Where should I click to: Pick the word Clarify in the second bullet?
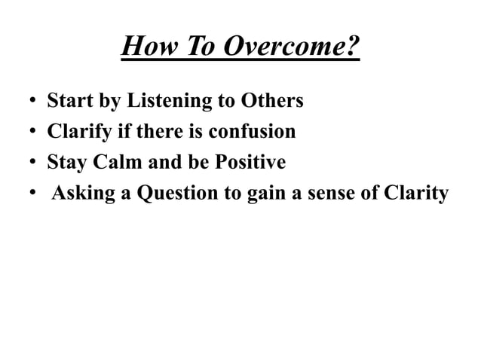click(76, 133)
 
